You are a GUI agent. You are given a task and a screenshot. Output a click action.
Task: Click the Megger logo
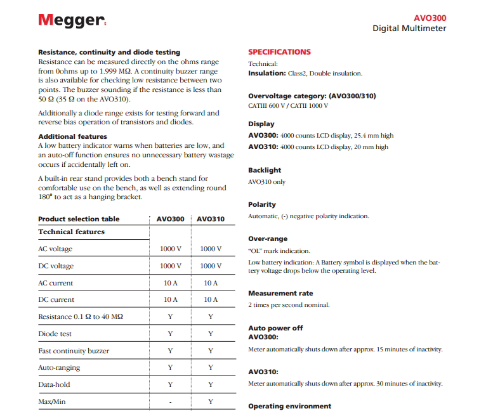pos(71,20)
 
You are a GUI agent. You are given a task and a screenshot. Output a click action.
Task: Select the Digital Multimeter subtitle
pos(409,29)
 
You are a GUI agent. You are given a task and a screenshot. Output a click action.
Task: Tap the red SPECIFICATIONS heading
pos(279,52)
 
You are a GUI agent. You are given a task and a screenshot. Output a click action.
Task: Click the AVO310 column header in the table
pos(210,219)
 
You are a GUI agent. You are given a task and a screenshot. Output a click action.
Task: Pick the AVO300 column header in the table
pos(170,219)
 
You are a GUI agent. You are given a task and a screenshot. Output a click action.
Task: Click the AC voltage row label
pos(55,249)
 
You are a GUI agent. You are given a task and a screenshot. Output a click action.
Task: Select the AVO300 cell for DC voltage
pos(170,266)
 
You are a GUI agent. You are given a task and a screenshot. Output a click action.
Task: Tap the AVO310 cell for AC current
pos(210,283)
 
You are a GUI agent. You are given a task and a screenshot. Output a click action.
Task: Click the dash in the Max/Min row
pos(170,401)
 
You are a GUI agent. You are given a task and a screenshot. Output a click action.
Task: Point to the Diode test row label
pos(55,334)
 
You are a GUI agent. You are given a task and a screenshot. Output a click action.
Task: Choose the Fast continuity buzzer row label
pos(74,351)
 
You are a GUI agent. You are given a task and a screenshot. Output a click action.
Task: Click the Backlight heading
pos(265,170)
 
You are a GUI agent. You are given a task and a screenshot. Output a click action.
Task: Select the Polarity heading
pos(262,204)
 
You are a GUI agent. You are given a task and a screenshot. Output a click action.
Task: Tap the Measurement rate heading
pos(280,293)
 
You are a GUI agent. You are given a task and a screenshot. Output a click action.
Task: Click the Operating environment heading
pos(289,406)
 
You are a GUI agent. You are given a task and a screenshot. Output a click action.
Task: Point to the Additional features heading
pos(72,136)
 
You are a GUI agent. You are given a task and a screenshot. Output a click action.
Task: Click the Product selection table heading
pos(79,219)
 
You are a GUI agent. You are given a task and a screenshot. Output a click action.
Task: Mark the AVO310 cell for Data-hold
pos(210,384)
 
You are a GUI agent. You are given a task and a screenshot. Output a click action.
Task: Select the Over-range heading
pos(268,238)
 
